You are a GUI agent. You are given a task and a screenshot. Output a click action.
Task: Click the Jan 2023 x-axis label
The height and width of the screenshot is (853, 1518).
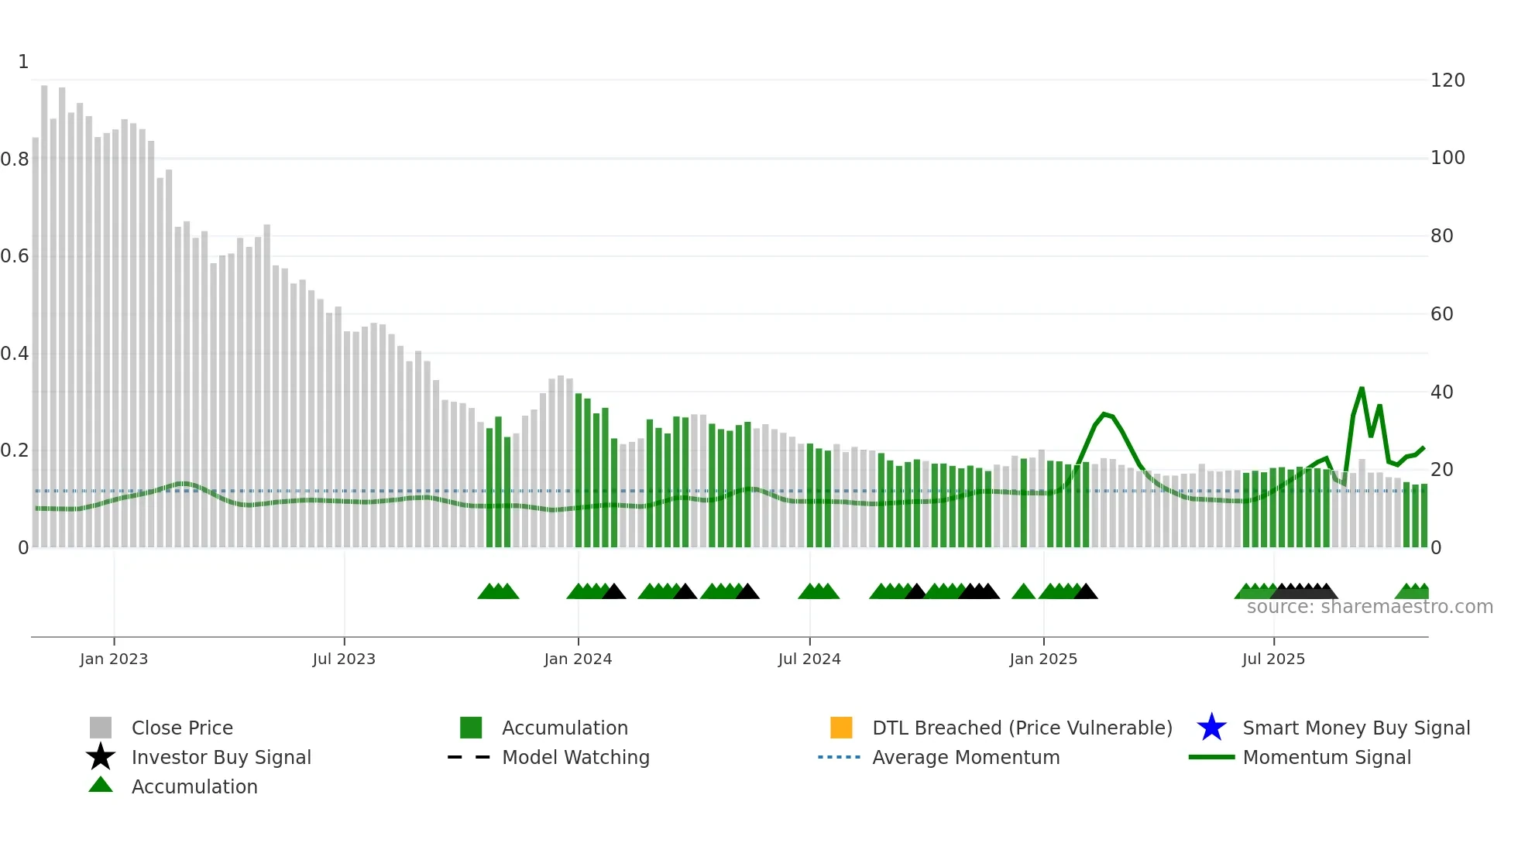[x=114, y=659]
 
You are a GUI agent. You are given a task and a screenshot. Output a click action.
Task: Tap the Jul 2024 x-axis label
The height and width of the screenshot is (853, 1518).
[x=809, y=659]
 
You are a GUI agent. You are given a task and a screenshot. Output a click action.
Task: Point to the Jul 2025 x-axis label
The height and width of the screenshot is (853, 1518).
[x=1273, y=659]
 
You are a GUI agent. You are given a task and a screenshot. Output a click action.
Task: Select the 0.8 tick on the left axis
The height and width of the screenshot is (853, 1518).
[x=15, y=159]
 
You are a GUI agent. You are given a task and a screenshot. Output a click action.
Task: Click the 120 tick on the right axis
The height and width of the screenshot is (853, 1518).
[x=1448, y=81]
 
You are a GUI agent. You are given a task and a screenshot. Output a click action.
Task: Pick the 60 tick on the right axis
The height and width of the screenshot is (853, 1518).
[x=1441, y=314]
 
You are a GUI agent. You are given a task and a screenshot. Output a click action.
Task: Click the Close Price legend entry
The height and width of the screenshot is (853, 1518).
[x=181, y=728]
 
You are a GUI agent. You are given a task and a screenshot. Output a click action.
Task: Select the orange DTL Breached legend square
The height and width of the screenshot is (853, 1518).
[x=841, y=728]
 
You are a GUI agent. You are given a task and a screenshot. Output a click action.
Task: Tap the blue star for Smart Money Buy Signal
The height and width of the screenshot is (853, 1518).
[x=1211, y=728]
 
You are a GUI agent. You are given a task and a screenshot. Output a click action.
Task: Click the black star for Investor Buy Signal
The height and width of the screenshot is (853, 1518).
[x=101, y=757]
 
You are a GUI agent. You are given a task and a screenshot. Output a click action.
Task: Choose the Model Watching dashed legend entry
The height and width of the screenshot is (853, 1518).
[x=575, y=757]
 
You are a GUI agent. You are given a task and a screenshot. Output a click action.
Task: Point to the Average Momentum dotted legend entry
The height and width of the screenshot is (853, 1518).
[x=965, y=757]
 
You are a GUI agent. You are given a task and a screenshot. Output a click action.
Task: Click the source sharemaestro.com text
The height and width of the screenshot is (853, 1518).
[x=1369, y=607]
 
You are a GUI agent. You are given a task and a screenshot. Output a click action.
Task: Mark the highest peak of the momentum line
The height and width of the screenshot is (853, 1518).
[x=1362, y=388]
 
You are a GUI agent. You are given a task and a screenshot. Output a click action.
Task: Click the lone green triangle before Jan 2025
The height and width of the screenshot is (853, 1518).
[x=1023, y=592]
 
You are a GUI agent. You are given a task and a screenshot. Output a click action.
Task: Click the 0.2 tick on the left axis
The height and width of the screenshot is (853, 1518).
[x=15, y=450]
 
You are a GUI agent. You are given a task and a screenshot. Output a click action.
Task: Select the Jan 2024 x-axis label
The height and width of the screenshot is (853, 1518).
[x=578, y=659]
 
